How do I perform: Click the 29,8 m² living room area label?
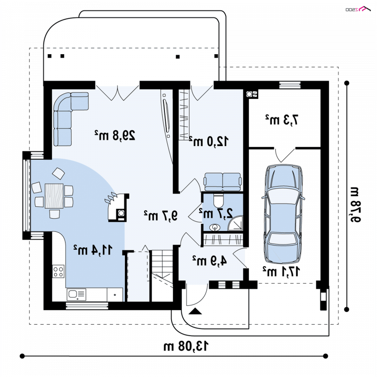click(115, 135)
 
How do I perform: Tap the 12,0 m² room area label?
click(209, 141)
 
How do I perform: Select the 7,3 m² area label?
click(282, 120)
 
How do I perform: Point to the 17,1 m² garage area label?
click(281, 271)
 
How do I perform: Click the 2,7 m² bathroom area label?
click(216, 213)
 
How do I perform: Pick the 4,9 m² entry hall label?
click(209, 261)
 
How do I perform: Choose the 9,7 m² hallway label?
click(161, 215)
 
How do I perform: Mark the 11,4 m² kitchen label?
click(93, 250)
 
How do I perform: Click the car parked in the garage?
click(283, 213)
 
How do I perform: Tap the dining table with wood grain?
click(54, 196)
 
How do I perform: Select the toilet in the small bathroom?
click(219, 201)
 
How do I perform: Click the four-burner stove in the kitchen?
click(58, 271)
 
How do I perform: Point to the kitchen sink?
click(76, 294)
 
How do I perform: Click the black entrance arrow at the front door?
click(195, 311)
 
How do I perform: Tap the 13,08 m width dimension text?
click(186, 346)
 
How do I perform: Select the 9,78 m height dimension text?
click(354, 204)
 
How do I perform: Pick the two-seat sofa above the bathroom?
click(222, 182)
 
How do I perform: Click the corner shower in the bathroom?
click(235, 223)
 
